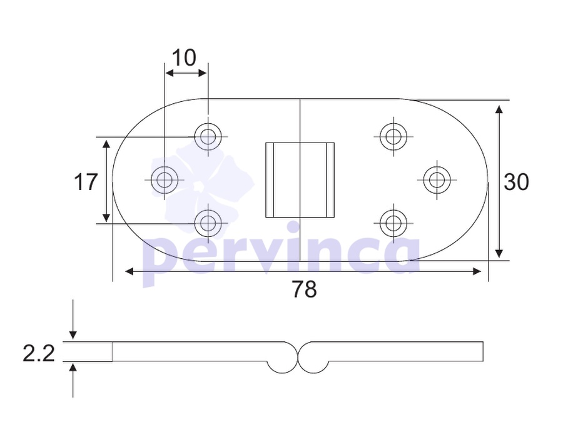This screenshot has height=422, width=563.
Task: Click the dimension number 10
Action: [184, 58]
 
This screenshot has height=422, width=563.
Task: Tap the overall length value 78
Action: [304, 289]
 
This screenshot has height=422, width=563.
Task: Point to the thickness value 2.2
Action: [39, 353]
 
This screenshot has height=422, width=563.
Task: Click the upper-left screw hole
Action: [208, 137]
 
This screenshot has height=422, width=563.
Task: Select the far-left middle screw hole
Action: [165, 180]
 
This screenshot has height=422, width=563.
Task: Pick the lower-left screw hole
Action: [208, 223]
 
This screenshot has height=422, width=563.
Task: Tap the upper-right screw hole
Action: [393, 137]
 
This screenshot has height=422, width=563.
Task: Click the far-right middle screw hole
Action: [437, 180]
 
